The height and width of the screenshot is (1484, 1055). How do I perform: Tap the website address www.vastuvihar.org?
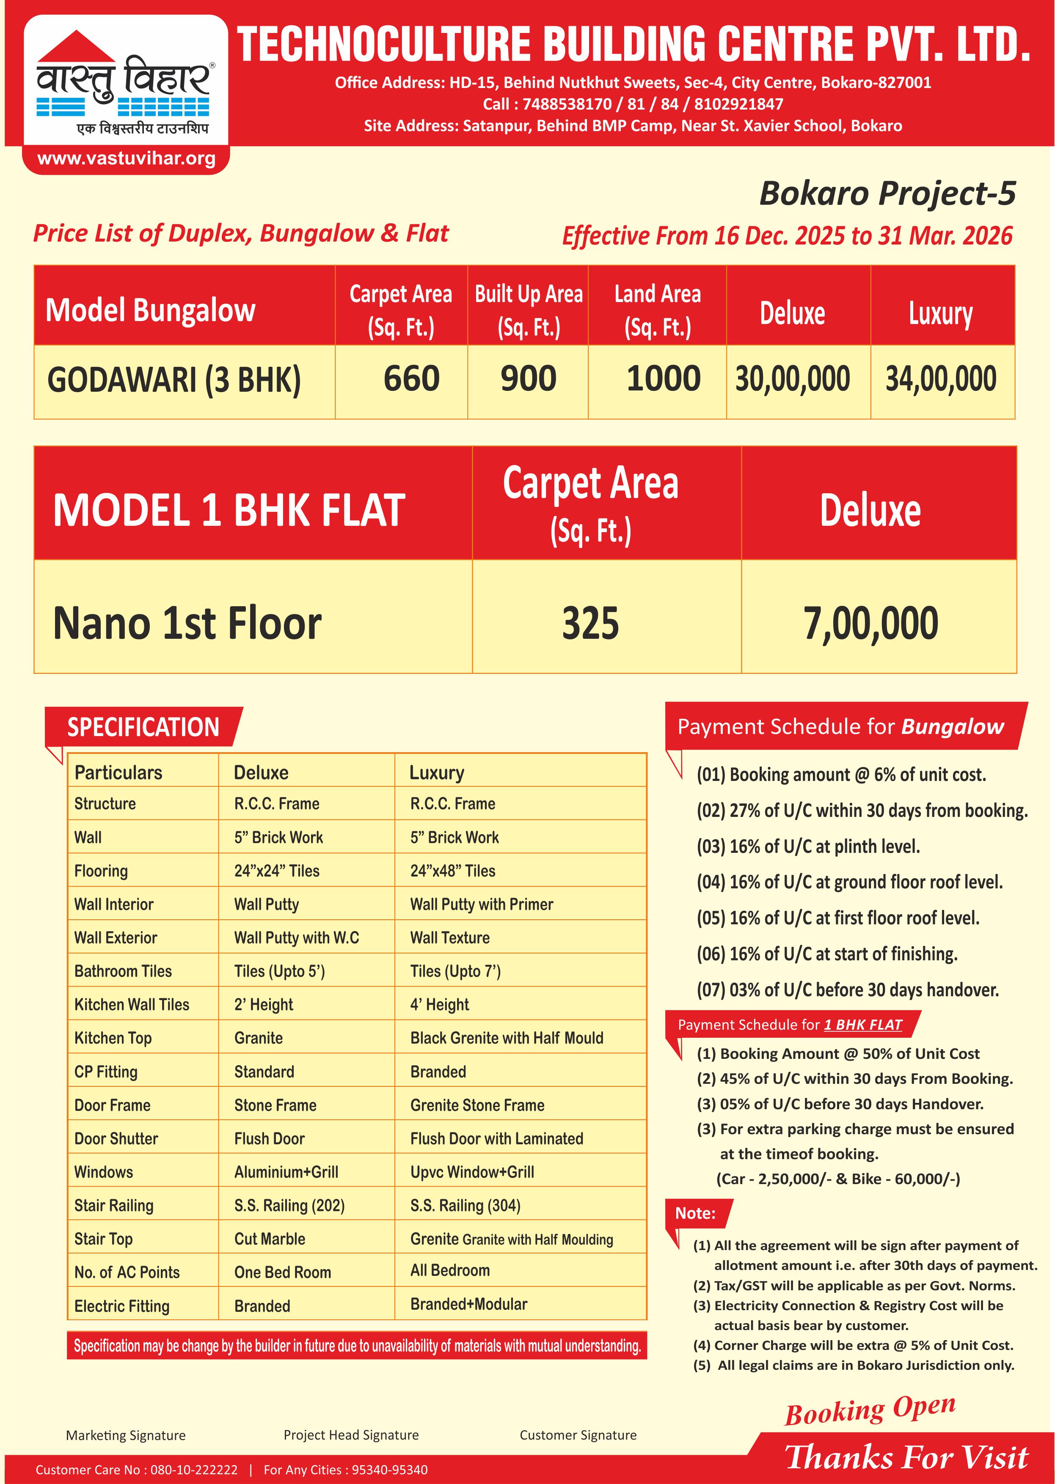point(126,159)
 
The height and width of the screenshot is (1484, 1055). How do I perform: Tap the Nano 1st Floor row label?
point(187,624)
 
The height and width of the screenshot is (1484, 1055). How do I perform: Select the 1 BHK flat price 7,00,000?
point(870,624)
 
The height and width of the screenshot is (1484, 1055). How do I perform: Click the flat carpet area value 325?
point(590,624)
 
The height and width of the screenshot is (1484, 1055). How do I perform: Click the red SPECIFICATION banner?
point(143,727)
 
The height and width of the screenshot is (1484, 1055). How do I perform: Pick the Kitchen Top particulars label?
point(113,1038)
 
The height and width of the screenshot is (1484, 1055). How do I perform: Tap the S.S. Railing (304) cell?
point(465,1205)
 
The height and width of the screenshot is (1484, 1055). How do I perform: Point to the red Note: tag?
point(696,1213)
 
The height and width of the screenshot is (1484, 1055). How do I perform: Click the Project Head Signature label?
point(351,1435)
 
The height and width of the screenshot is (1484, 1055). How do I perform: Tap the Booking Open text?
point(869,1411)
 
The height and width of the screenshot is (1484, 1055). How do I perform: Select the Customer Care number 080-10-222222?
point(193,1470)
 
